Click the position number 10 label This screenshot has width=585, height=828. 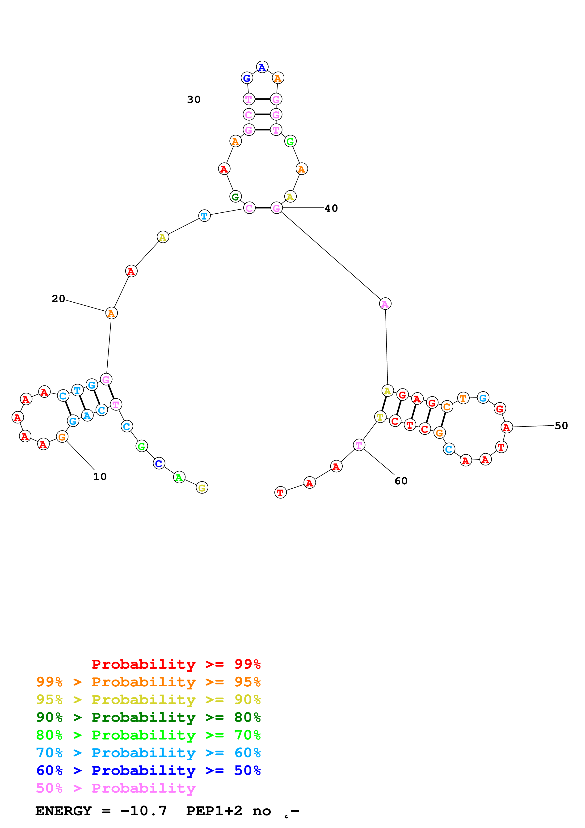[x=100, y=477]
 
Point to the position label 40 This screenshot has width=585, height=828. [x=331, y=208]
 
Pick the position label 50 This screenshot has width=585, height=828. [x=561, y=426]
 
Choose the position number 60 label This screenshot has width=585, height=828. [x=401, y=481]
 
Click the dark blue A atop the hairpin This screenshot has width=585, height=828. [x=262, y=67]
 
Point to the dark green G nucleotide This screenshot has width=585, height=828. [x=235, y=197]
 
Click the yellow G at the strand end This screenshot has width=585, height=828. [x=202, y=488]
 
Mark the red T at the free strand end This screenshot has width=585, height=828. [x=280, y=492]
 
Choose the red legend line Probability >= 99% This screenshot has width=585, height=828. [x=176, y=664]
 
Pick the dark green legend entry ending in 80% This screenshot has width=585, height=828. [x=148, y=717]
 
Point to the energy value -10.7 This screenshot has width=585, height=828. [x=144, y=811]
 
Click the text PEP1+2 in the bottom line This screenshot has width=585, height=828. [x=214, y=811]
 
